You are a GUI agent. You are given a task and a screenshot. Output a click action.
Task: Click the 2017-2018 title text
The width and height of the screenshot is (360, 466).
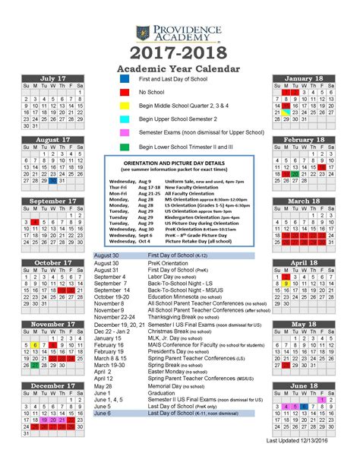pyautogui.click(x=180, y=53)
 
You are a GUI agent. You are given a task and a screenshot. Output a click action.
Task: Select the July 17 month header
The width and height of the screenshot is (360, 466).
pyautogui.click(x=52, y=79)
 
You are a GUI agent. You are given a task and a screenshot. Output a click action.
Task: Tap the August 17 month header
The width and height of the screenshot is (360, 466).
pyautogui.click(x=52, y=141)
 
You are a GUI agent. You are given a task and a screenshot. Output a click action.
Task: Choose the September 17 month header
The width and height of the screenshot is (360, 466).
pyautogui.click(x=52, y=201)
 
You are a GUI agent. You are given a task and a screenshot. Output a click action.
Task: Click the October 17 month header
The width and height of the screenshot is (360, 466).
pyautogui.click(x=52, y=263)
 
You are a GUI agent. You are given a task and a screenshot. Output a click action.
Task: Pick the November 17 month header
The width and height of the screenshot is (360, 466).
pyautogui.click(x=52, y=325)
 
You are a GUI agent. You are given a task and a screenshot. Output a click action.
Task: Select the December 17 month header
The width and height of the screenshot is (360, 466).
pyautogui.click(x=52, y=386)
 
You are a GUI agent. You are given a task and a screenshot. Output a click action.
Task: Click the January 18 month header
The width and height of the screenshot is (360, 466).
pyautogui.click(x=304, y=79)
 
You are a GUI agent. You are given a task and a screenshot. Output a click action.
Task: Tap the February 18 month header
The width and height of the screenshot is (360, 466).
pyautogui.click(x=304, y=141)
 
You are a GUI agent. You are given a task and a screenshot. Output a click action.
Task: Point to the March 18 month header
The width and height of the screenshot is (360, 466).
pyautogui.click(x=304, y=201)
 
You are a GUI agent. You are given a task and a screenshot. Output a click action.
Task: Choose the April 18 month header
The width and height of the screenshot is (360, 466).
pyautogui.click(x=304, y=263)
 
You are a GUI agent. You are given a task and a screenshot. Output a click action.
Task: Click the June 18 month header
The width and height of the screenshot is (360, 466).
pyautogui.click(x=304, y=386)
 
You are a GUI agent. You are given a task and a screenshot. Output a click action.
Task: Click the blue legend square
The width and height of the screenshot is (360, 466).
pyautogui.click(x=125, y=79)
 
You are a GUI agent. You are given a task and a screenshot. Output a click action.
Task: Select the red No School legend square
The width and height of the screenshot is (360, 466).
pyautogui.click(x=125, y=92)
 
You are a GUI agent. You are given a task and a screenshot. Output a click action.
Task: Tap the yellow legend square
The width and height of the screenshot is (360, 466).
pyautogui.click(x=125, y=105)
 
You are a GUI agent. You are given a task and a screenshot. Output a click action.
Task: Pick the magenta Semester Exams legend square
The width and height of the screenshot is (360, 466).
pyautogui.click(x=125, y=132)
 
